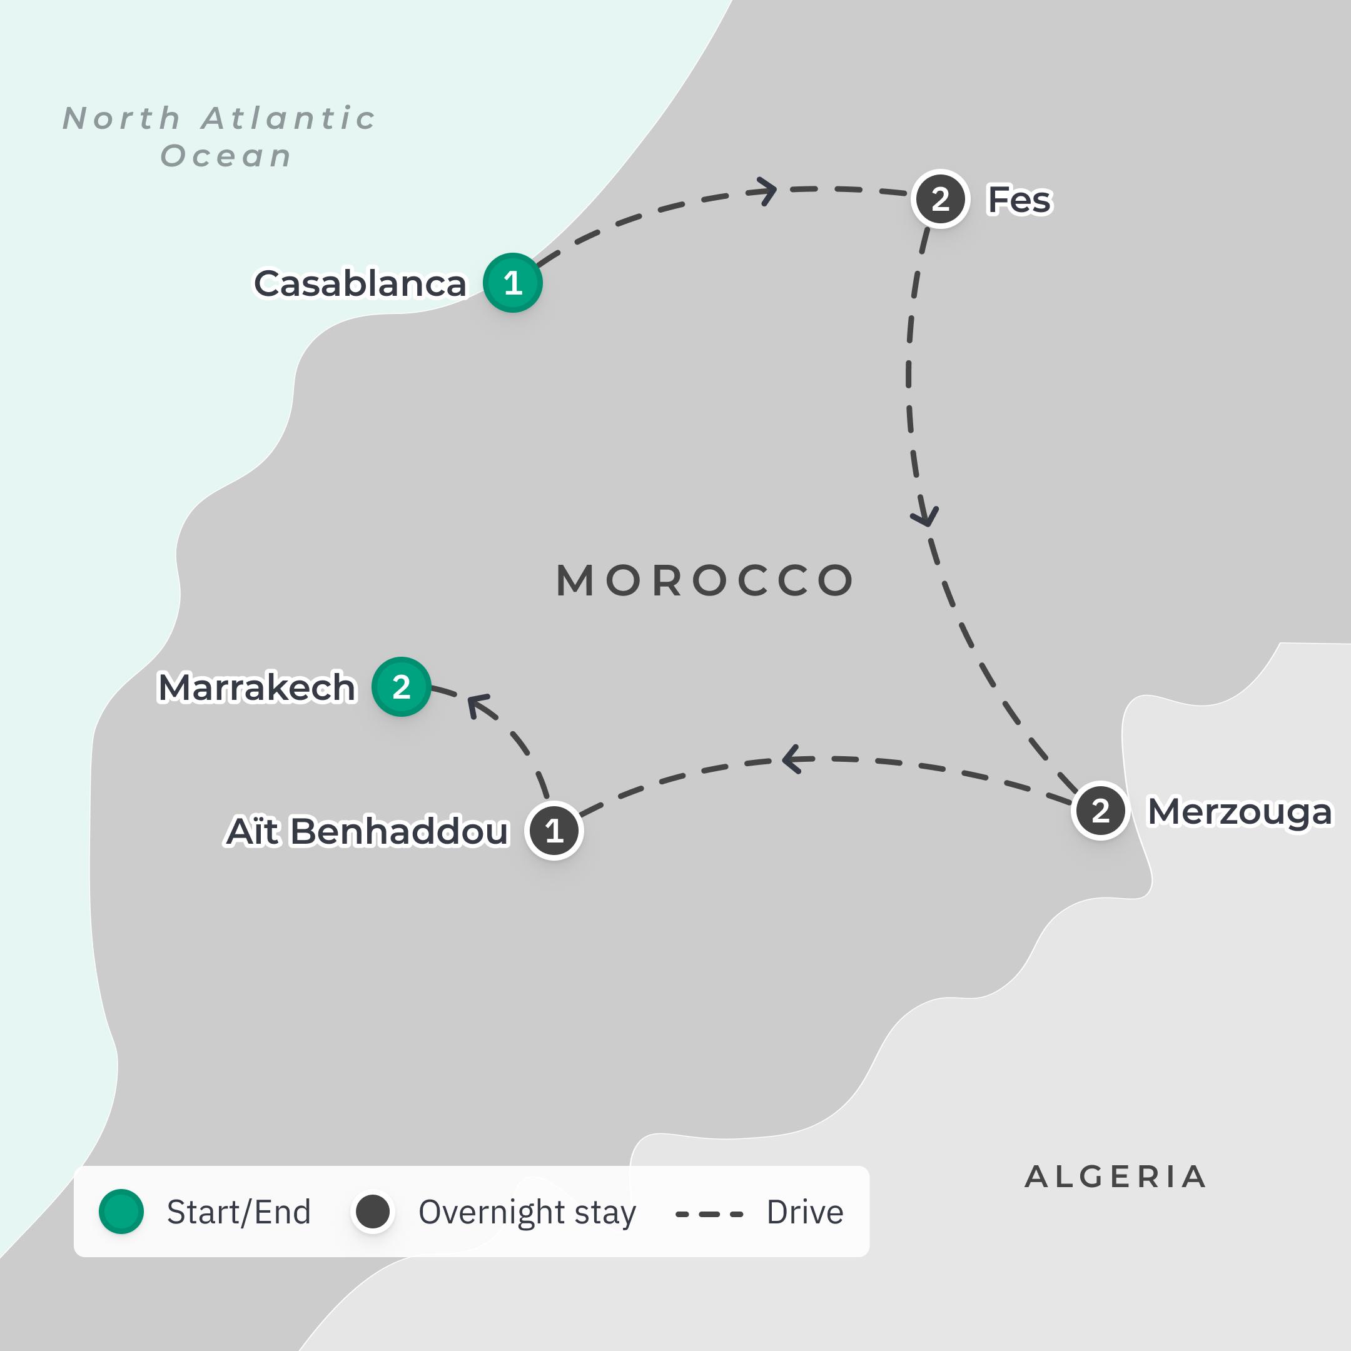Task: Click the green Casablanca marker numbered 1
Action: coord(513,283)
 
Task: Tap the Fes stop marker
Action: coord(940,200)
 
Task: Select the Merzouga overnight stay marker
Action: coord(1100,811)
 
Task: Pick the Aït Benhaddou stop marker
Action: coord(554,831)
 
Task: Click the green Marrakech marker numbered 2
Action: coord(401,687)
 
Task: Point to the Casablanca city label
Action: coord(360,283)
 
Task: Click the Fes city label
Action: coord(1019,200)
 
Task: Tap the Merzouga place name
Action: coord(1240,811)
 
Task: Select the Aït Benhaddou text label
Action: coord(367,831)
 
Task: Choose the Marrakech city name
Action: coord(256,687)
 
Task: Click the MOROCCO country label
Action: coord(705,580)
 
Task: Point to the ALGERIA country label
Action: coord(1115,1177)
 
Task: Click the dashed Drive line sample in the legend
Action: coord(709,1215)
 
